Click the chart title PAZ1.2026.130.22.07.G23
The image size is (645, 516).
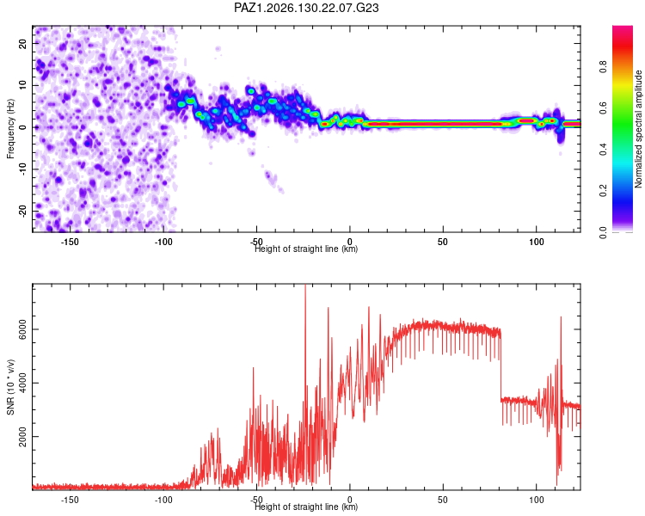point(306,8)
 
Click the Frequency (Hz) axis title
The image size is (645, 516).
point(10,129)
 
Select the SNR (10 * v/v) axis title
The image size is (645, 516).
point(10,387)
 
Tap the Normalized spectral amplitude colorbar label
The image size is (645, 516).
point(638,129)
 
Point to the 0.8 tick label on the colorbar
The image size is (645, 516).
point(603,66)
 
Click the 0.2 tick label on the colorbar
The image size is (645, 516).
point(603,191)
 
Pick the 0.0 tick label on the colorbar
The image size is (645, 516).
point(603,232)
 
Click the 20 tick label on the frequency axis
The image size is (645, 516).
point(22,43)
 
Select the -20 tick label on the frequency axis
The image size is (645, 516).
point(22,212)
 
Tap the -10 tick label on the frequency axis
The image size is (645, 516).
point(22,169)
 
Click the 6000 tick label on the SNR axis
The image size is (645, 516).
point(22,329)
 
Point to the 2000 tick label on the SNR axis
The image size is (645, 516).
point(22,437)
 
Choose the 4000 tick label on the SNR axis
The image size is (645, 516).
point(22,383)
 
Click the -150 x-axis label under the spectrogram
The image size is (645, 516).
point(70,242)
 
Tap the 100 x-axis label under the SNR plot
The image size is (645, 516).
point(537,500)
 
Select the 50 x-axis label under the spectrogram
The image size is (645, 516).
point(443,242)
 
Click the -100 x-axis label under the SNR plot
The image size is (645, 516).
point(163,500)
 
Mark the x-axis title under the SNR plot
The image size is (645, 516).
point(306,507)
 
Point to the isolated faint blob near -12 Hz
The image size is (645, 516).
point(271,177)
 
